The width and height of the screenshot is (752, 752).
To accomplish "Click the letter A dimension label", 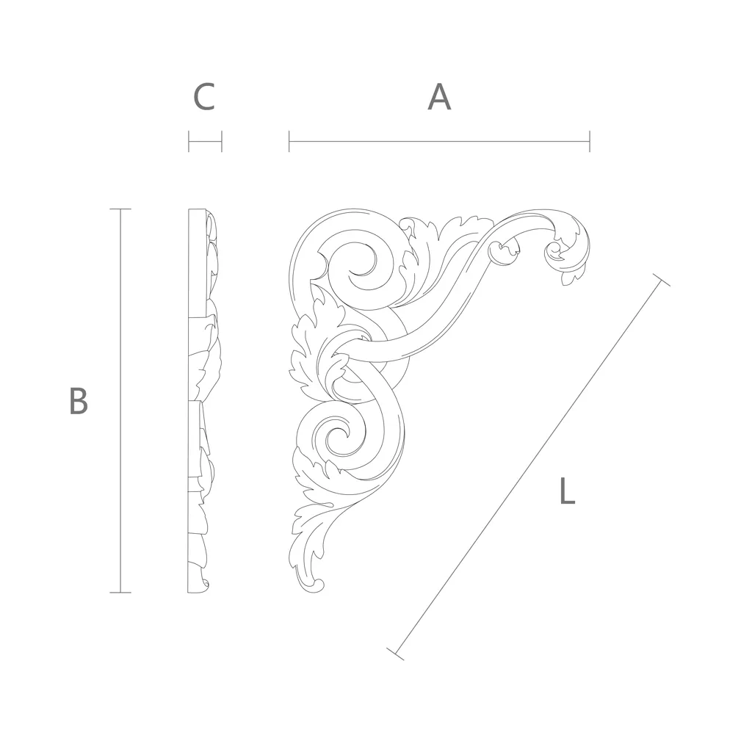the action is pos(439,98).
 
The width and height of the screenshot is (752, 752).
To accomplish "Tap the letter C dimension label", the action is pos(204,98).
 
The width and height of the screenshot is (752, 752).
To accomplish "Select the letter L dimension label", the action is pos(568,491).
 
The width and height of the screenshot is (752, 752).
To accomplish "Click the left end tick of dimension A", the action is pos(289,142).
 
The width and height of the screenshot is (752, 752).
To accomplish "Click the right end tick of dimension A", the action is pos(590,142).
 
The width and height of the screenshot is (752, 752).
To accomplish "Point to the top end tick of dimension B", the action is pos(120,209).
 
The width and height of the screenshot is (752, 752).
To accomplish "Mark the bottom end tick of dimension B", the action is pos(120,593).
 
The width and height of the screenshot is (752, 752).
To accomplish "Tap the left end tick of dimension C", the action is pos(189,142).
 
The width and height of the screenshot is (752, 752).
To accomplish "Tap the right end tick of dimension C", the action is pos(222,142).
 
